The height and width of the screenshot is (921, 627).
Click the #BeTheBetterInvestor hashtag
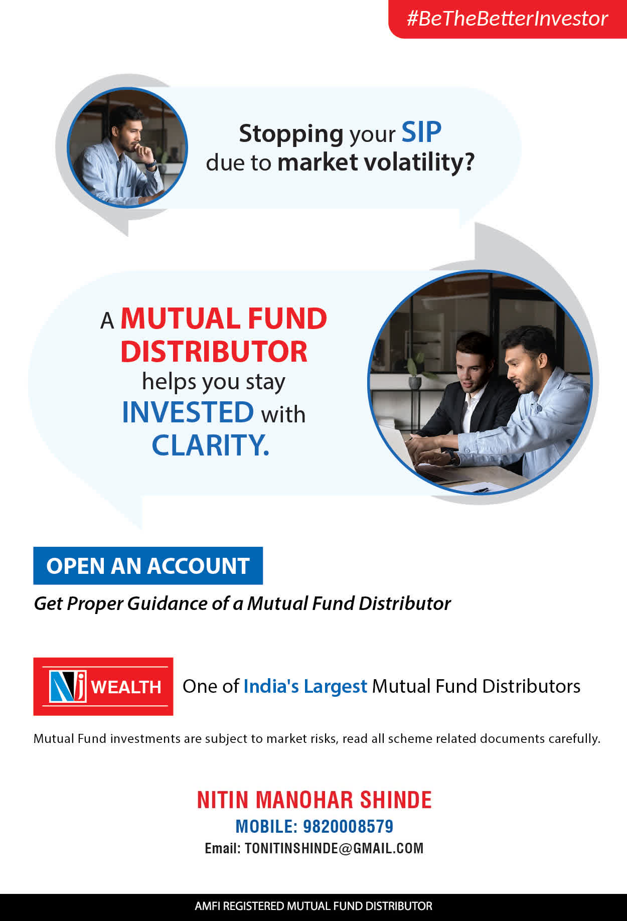507,19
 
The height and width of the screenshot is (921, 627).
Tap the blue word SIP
421,132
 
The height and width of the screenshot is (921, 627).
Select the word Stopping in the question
291,134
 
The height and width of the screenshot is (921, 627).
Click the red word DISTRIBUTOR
214,351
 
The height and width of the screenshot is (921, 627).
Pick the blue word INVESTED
188,412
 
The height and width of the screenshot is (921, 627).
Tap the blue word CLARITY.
210,445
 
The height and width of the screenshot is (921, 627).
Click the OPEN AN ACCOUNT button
148,565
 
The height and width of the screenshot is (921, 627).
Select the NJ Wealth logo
103,686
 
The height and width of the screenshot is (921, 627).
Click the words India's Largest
305,686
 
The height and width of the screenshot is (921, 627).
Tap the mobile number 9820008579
348,826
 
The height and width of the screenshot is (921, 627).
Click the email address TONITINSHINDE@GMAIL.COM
334,848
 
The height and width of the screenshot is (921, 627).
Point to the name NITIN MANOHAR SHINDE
314,800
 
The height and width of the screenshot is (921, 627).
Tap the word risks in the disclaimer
324,738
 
